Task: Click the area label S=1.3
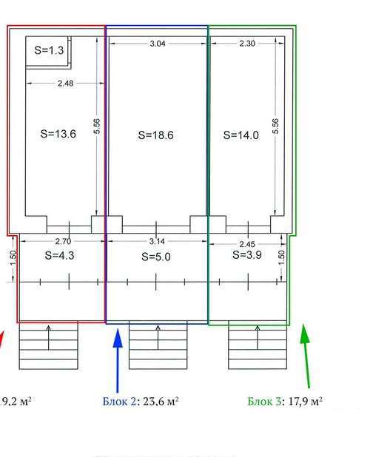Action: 49,50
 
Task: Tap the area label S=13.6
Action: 58,134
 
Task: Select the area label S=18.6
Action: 155,135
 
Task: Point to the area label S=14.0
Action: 241,135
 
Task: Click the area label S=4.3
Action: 59,255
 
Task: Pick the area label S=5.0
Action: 156,257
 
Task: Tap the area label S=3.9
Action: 247,254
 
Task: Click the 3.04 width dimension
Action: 158,44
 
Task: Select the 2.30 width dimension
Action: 247,44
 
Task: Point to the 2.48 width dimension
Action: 65,84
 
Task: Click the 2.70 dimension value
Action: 63,241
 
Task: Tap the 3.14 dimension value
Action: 157,241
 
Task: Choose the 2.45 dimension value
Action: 247,244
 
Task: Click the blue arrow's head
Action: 118,338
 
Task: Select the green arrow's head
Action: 305,334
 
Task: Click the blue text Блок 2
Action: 119,402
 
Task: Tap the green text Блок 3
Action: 264,402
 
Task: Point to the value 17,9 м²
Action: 305,402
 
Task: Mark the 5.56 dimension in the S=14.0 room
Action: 275,126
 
